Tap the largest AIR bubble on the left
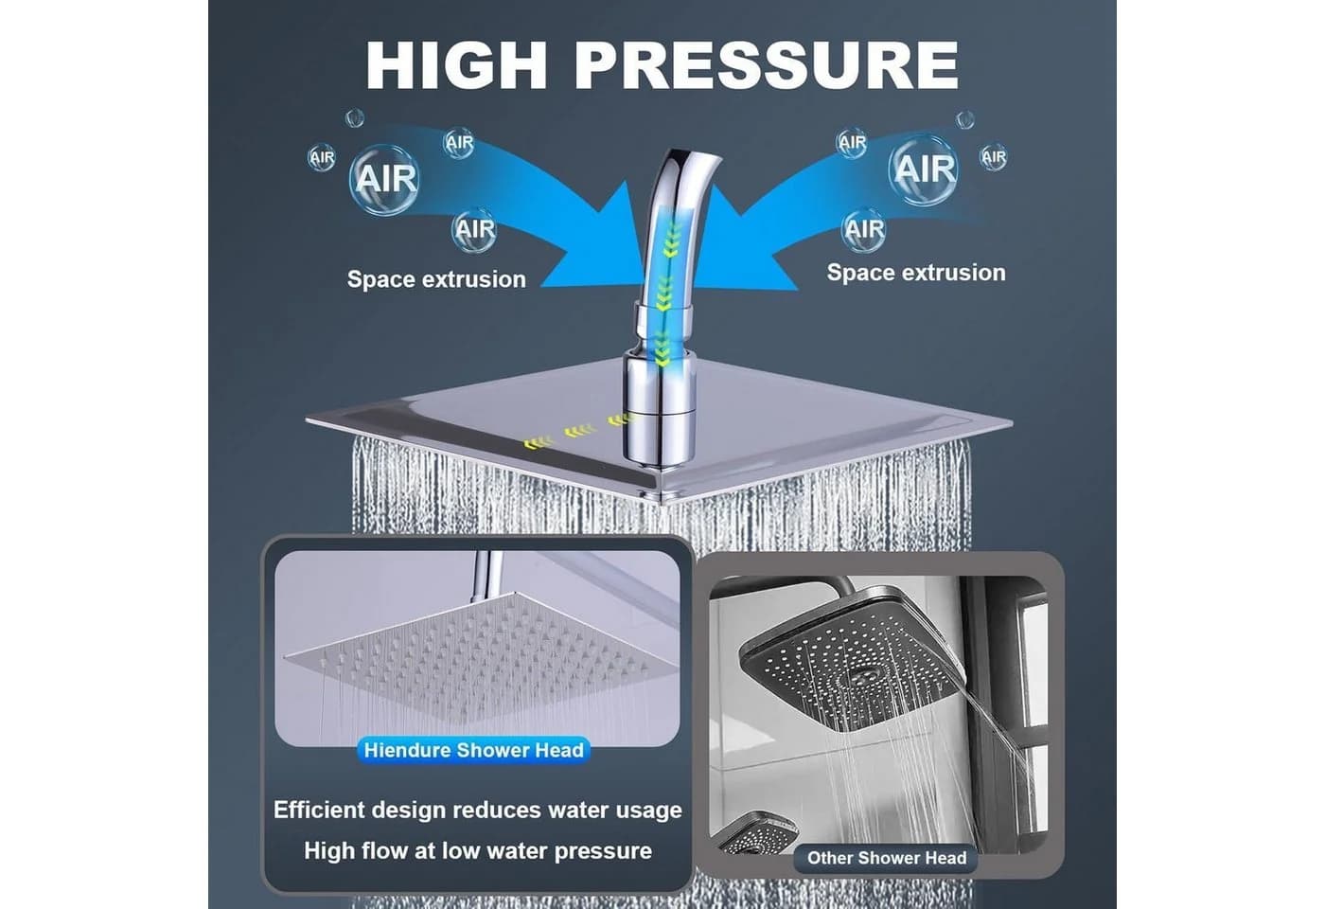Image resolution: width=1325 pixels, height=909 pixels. tap(384, 179)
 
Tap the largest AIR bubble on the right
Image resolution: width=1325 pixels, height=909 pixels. tap(924, 169)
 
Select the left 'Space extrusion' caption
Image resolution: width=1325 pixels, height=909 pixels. tap(436, 279)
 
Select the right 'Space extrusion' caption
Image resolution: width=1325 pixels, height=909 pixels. tap(916, 273)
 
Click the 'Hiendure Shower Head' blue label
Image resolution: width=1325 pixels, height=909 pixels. tap(474, 750)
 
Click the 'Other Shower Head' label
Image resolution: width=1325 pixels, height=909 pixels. tap(886, 858)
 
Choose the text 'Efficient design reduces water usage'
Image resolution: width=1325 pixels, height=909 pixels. tap(477, 811)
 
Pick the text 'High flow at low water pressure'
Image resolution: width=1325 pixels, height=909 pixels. tap(478, 851)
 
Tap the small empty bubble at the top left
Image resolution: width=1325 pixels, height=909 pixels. tap(354, 117)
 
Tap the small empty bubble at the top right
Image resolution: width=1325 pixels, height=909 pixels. tap(964, 119)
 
